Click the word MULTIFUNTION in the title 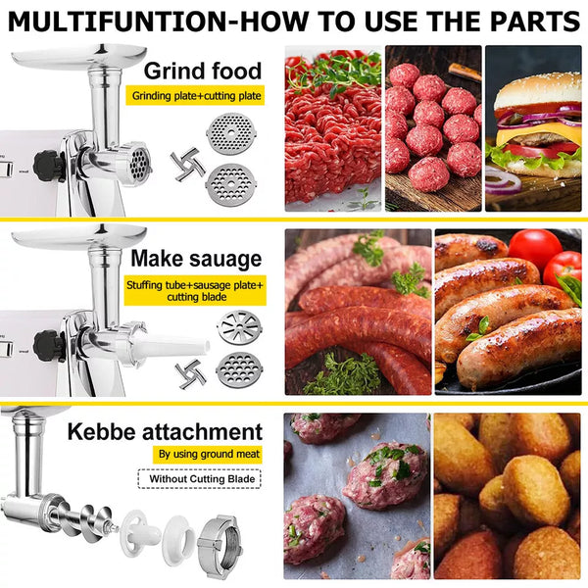click(x=118, y=22)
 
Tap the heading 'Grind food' click(x=203, y=71)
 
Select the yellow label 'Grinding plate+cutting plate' click(x=195, y=96)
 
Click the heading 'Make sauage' click(x=196, y=259)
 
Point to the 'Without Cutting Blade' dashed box click(x=200, y=479)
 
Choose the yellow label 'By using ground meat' click(x=209, y=455)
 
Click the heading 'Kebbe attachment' click(x=165, y=431)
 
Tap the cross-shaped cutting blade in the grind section click(x=187, y=165)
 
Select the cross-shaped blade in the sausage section click(x=190, y=374)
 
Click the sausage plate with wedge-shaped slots click(x=239, y=327)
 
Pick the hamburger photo click(x=533, y=128)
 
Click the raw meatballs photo click(x=433, y=128)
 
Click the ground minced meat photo click(x=333, y=128)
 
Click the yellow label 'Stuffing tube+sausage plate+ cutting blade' click(x=195, y=291)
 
